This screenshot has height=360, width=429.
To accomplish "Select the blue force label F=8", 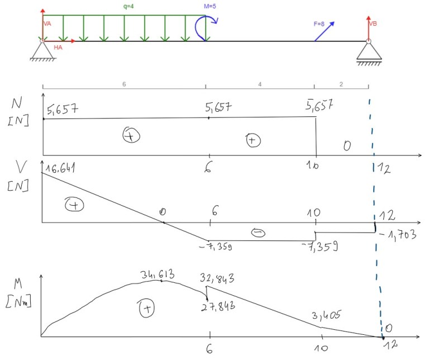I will [320, 24].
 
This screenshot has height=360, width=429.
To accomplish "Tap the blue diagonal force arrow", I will [324, 31].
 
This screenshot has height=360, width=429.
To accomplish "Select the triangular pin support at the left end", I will [42, 51].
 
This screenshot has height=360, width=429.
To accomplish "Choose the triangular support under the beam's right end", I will [368, 51].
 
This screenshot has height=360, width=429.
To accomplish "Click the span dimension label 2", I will [341, 83].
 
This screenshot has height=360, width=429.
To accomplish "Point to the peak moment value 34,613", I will [158, 274].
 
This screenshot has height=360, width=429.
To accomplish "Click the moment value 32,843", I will [218, 278].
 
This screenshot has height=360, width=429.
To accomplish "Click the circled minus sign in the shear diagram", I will [259, 233].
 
